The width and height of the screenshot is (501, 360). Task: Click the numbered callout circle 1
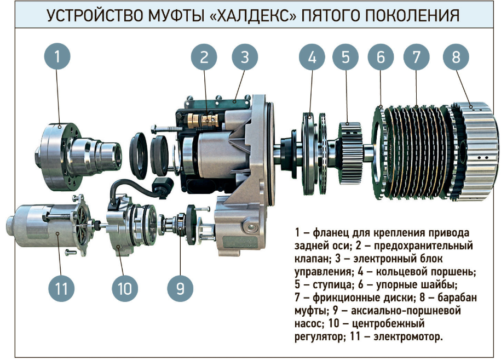tap(57, 56)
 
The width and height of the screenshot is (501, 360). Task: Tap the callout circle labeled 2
tap(204, 57)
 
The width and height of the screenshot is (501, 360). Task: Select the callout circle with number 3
tap(245, 57)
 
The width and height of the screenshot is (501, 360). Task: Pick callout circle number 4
tap(312, 57)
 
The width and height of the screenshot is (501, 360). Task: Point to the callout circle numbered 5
tap(345, 57)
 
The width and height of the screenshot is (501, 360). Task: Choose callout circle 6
tap(381, 57)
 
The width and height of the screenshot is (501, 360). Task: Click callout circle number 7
tap(417, 57)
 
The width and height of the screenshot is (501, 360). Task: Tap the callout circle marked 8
tap(456, 57)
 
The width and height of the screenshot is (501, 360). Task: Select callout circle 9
tap(180, 288)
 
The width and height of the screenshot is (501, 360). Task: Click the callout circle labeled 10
tap(125, 288)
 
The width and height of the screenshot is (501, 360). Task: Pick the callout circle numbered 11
tap(61, 288)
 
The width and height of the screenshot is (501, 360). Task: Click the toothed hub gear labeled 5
tap(350, 153)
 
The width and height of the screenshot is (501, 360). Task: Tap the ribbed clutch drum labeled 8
tap(475, 152)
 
